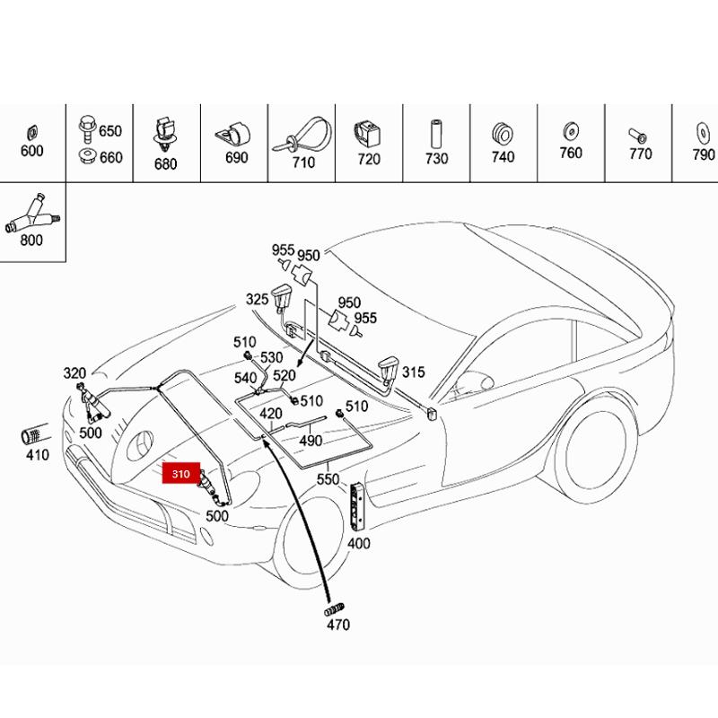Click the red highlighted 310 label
(x=181, y=474)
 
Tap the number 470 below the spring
(x=338, y=624)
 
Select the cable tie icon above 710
(x=302, y=136)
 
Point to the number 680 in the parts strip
(x=165, y=163)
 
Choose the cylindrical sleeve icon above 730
(x=435, y=134)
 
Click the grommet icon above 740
(x=503, y=133)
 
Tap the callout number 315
(x=414, y=372)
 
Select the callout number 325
(x=257, y=299)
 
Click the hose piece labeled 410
(x=33, y=435)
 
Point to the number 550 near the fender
(x=328, y=479)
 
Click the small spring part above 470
(x=334, y=610)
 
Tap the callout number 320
(x=74, y=373)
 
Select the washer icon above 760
(x=571, y=131)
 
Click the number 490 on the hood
(x=311, y=441)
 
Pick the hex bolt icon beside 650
(x=87, y=129)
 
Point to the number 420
(x=271, y=414)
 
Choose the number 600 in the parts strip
(x=31, y=150)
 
